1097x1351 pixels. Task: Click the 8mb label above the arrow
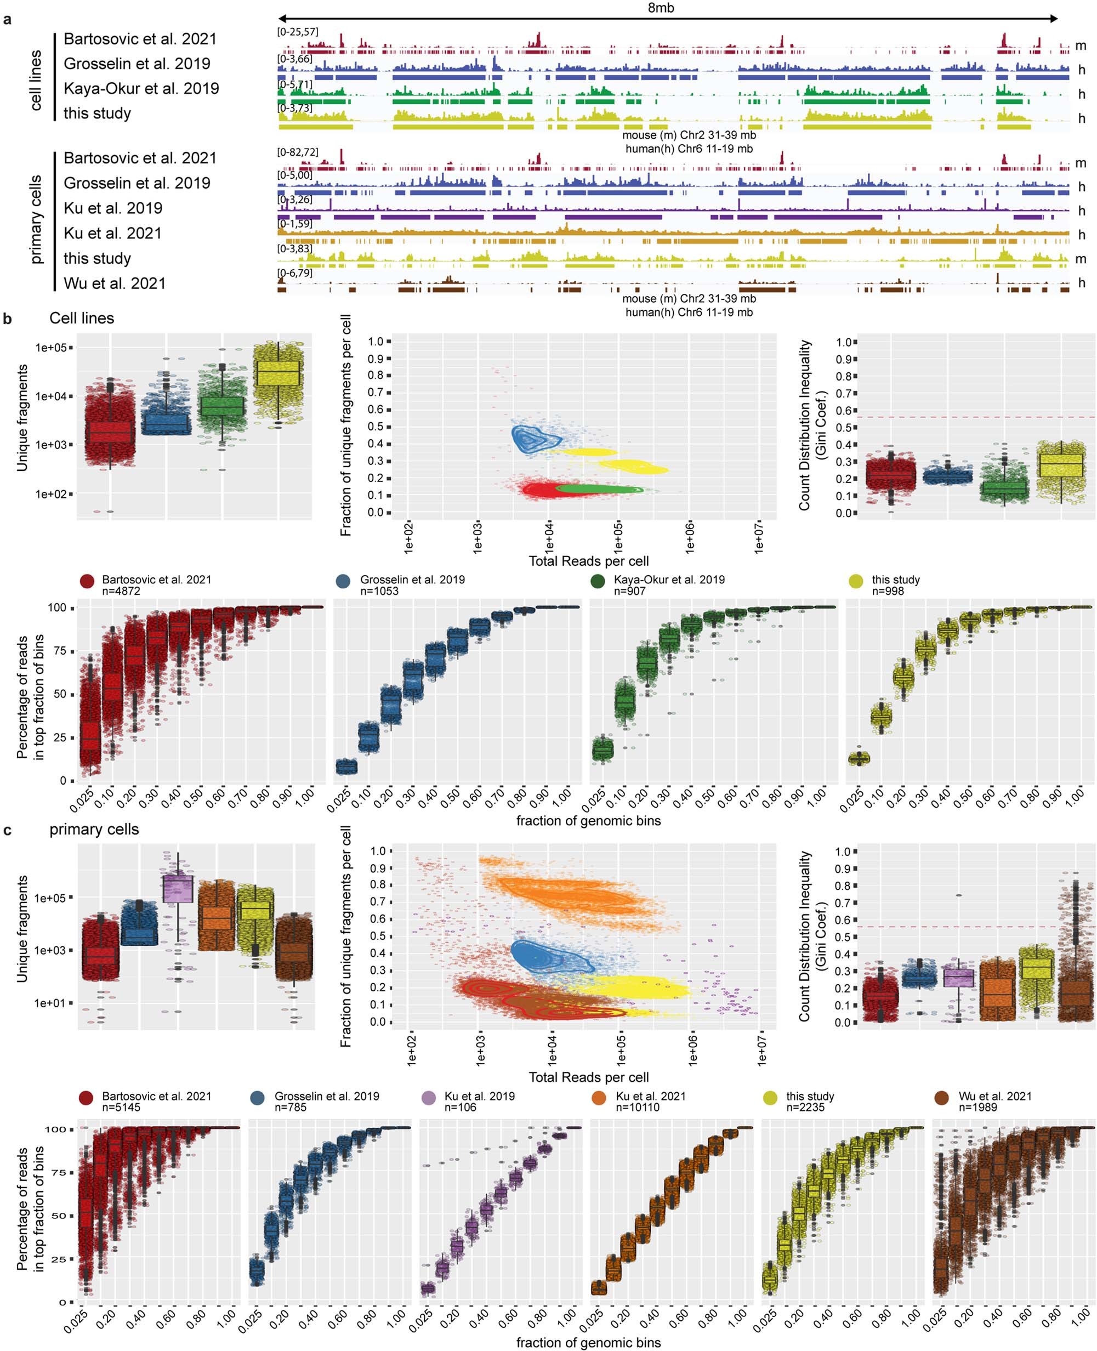pyautogui.click(x=661, y=8)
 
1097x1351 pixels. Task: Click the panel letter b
pyautogui.click(x=8, y=319)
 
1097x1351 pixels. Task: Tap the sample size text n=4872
pyautogui.click(x=121, y=591)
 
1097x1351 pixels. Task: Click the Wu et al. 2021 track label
pyautogui.click(x=115, y=283)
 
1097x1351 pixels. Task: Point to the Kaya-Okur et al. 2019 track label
pyautogui.click(x=141, y=88)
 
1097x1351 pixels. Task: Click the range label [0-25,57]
pyautogui.click(x=298, y=32)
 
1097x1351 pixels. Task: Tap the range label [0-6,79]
pyautogui.click(x=294, y=273)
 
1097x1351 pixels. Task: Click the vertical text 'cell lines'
pyautogui.click(x=37, y=80)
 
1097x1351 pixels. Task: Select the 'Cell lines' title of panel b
pyautogui.click(x=82, y=319)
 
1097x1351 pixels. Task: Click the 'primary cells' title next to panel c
pyautogui.click(x=94, y=829)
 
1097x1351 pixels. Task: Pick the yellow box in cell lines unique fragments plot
pyautogui.click(x=278, y=373)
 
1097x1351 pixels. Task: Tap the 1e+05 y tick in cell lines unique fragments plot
pyautogui.click(x=54, y=348)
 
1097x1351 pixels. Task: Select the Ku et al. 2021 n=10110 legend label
pyautogui.click(x=650, y=1102)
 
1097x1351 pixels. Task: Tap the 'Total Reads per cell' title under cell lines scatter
pyautogui.click(x=588, y=561)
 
